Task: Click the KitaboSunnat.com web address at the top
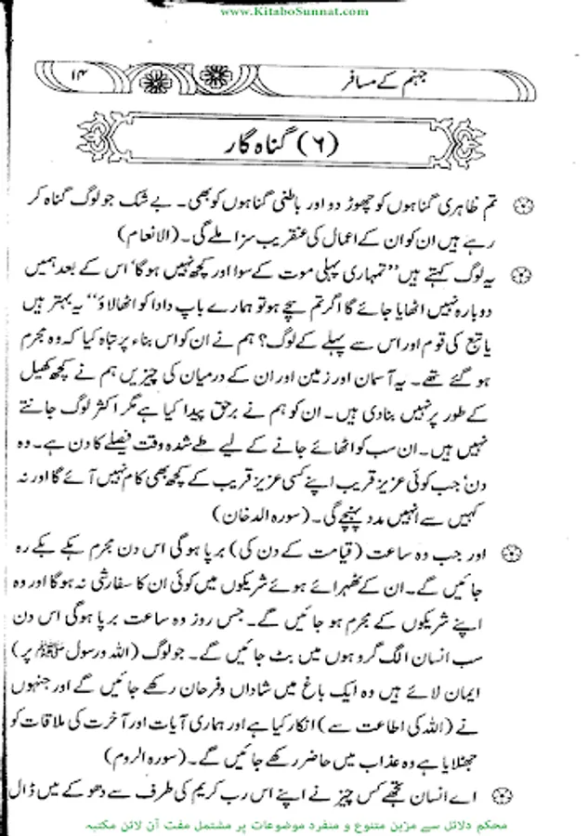pyautogui.click(x=294, y=10)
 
